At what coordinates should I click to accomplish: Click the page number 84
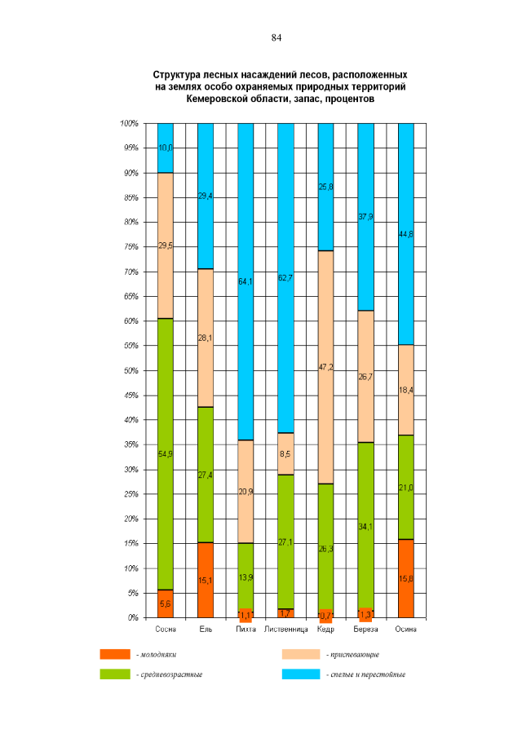[276, 38]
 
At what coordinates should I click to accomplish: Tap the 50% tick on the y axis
[129, 370]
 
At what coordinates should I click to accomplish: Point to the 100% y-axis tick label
[128, 123]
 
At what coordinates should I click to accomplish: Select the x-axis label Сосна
[166, 629]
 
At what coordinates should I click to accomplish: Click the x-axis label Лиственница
[285, 629]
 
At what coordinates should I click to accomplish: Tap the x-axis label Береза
[365, 629]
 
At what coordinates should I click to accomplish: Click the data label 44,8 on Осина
[405, 234]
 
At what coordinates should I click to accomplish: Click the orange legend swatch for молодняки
[115, 654]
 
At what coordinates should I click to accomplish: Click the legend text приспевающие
[352, 654]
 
